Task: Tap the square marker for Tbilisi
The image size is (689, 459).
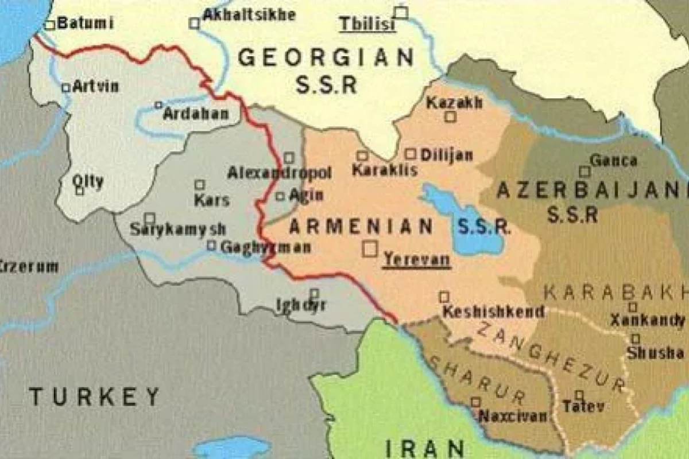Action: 401,12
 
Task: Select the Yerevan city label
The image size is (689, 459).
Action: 417,259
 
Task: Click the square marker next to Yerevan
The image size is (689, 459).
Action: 370,248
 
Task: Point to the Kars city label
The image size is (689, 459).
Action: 212,200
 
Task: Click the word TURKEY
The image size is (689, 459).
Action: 95,396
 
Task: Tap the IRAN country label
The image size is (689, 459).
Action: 424,448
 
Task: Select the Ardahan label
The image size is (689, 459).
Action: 195,114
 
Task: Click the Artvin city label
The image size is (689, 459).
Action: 96,87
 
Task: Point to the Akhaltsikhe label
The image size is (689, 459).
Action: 250,14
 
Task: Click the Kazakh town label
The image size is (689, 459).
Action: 454,103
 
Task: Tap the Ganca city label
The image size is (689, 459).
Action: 614,160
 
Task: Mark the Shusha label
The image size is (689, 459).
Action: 655,353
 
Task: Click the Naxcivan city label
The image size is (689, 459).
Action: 513,416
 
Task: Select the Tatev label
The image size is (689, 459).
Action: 583,407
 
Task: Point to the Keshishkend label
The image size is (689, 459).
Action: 493,312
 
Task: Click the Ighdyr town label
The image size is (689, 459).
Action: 301,305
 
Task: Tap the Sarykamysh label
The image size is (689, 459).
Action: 177,229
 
